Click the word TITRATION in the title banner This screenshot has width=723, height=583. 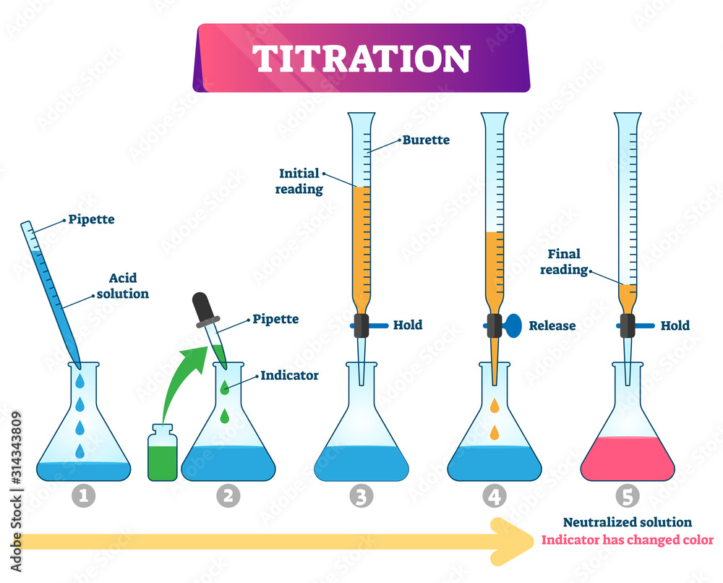click(361, 59)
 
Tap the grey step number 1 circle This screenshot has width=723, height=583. click(84, 495)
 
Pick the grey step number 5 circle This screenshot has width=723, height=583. click(627, 495)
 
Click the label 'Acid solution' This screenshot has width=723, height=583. click(123, 286)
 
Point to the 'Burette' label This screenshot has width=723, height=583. click(426, 140)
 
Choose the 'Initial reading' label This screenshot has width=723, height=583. click(301, 180)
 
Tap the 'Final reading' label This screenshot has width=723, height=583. click(564, 262)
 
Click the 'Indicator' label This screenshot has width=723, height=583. click(289, 375)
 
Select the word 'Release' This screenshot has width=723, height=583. click(552, 325)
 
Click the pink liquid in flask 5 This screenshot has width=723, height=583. click(627, 459)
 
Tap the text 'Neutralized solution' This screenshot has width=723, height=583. click(627, 522)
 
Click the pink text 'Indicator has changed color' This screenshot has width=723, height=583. click(627, 540)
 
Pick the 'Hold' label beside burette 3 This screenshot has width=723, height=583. click(408, 325)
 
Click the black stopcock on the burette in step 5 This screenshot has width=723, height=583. click(627, 325)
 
